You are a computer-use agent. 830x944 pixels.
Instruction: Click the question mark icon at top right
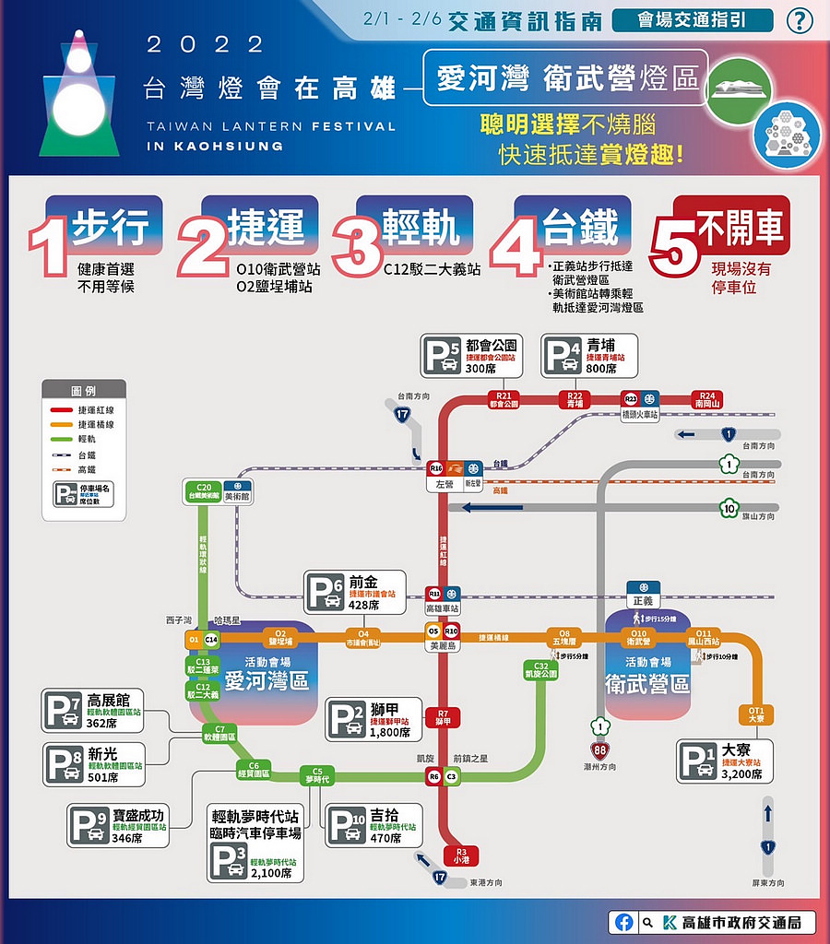click(x=799, y=21)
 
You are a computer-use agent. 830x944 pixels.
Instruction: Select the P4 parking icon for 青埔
click(x=563, y=356)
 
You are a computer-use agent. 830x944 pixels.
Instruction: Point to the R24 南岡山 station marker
click(x=707, y=399)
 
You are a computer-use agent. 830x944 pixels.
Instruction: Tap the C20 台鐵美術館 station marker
click(x=204, y=490)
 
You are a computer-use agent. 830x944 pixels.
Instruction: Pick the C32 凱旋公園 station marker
click(x=540, y=670)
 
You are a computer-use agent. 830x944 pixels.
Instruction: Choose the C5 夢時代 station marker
click(x=317, y=775)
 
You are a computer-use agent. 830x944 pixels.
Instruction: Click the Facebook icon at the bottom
click(x=625, y=922)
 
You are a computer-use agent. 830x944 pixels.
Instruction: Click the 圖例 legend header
click(x=84, y=391)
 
